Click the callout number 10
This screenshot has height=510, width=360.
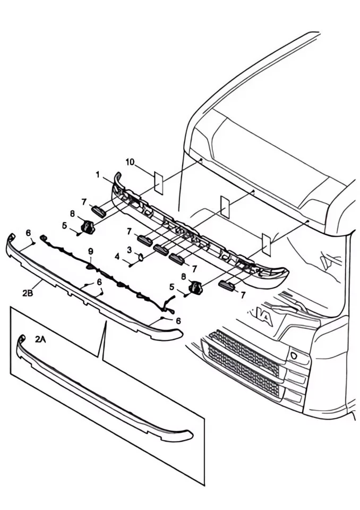pyautogui.click(x=130, y=162)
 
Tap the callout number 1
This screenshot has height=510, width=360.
pyautogui.click(x=98, y=175)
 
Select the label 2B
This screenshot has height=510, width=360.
pyautogui.click(x=28, y=293)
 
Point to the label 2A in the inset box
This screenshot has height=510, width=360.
pyautogui.click(x=40, y=339)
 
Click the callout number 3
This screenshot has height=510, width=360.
pyautogui.click(x=130, y=250)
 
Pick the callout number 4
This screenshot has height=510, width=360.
pyautogui.click(x=117, y=257)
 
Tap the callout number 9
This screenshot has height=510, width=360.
pyautogui.click(x=91, y=251)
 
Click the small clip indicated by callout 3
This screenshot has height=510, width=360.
pyautogui.click(x=141, y=257)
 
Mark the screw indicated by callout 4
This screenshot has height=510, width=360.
pyautogui.click(x=131, y=265)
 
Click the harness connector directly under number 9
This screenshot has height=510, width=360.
pyautogui.click(x=90, y=266)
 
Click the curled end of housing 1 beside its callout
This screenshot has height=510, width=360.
pyautogui.click(x=117, y=178)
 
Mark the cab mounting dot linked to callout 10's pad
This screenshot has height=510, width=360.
pyautogui.click(x=201, y=160)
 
